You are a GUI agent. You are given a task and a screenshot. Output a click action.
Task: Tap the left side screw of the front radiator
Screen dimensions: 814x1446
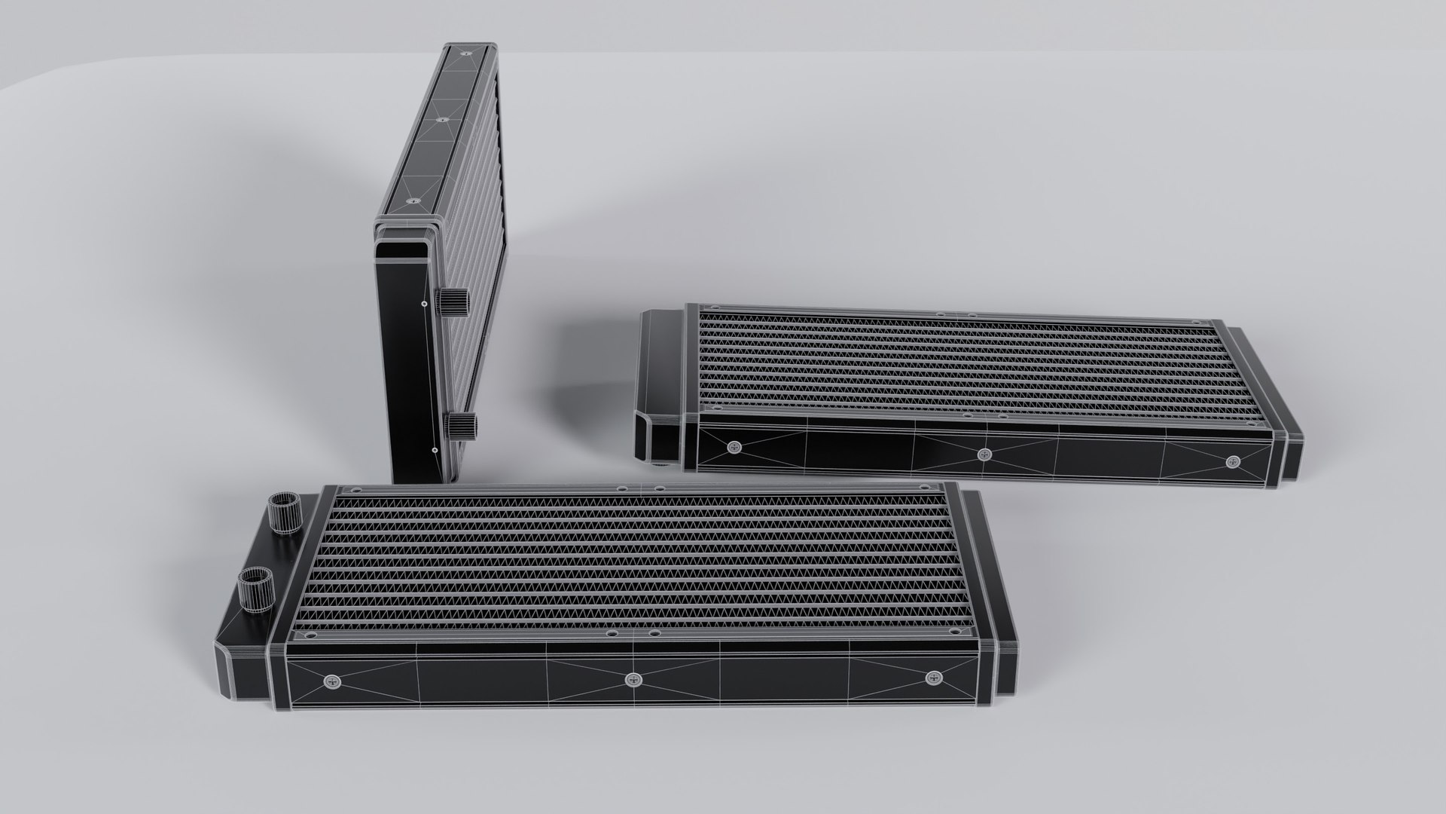coord(332,681)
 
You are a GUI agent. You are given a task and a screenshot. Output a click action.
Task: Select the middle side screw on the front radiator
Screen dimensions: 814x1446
coord(633,681)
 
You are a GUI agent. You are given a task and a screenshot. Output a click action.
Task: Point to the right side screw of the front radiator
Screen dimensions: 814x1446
coord(935,678)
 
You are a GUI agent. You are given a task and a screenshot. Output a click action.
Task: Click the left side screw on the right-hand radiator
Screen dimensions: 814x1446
coord(734,448)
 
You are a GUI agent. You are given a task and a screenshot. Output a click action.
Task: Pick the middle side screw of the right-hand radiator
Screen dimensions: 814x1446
coord(984,454)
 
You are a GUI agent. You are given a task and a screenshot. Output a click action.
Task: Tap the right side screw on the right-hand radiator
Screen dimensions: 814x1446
coord(1232,461)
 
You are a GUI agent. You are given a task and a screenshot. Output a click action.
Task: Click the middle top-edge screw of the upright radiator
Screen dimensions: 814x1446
coord(441,119)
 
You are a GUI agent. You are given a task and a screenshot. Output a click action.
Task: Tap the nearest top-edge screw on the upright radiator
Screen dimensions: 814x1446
coord(411,201)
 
